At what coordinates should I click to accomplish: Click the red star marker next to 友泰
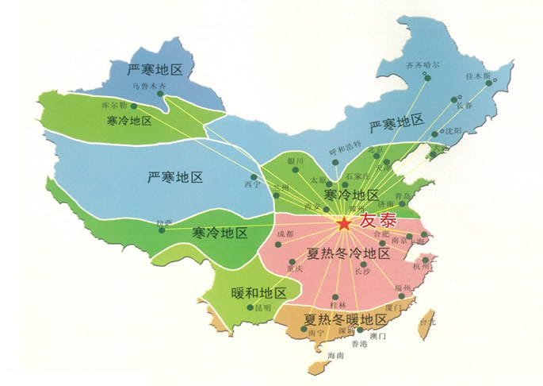(x=344, y=225)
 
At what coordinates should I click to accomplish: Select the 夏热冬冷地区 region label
(x=348, y=254)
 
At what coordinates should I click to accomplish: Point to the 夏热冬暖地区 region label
(x=345, y=319)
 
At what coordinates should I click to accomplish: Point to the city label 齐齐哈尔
(x=423, y=65)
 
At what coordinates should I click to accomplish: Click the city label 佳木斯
(x=478, y=76)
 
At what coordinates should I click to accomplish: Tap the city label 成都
(x=284, y=234)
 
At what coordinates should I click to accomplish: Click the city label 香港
(x=359, y=343)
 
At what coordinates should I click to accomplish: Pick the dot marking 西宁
(x=254, y=176)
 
